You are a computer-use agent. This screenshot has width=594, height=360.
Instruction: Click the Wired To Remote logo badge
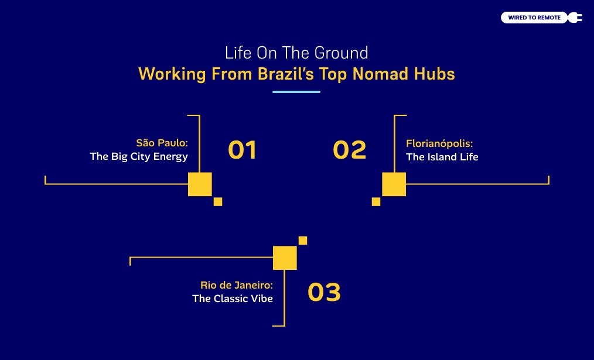(534, 18)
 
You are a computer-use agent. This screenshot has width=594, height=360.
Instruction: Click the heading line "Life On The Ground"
(296, 53)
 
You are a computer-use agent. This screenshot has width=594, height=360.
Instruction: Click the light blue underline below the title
(296, 92)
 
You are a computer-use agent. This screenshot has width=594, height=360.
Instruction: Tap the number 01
(242, 150)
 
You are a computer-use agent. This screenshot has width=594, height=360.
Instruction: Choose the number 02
(349, 150)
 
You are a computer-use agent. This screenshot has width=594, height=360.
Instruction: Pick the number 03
(324, 292)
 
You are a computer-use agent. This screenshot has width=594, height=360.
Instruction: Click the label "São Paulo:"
(162, 142)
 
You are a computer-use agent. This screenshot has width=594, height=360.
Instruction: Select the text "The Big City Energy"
(139, 156)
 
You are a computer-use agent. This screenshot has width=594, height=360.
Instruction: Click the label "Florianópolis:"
(439, 142)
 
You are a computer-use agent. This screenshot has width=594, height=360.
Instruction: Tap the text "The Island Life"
(442, 156)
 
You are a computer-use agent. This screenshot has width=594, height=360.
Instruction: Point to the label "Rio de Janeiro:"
(237, 285)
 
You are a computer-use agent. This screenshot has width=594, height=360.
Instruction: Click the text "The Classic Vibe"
(233, 299)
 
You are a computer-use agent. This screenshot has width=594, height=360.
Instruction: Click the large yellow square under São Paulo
(200, 184)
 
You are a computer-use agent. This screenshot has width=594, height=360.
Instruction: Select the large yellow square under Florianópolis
(394, 184)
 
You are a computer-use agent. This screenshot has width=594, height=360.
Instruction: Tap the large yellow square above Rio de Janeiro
(285, 258)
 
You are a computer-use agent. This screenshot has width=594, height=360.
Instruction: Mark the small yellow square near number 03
(303, 240)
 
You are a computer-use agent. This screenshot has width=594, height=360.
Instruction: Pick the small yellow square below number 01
(218, 201)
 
